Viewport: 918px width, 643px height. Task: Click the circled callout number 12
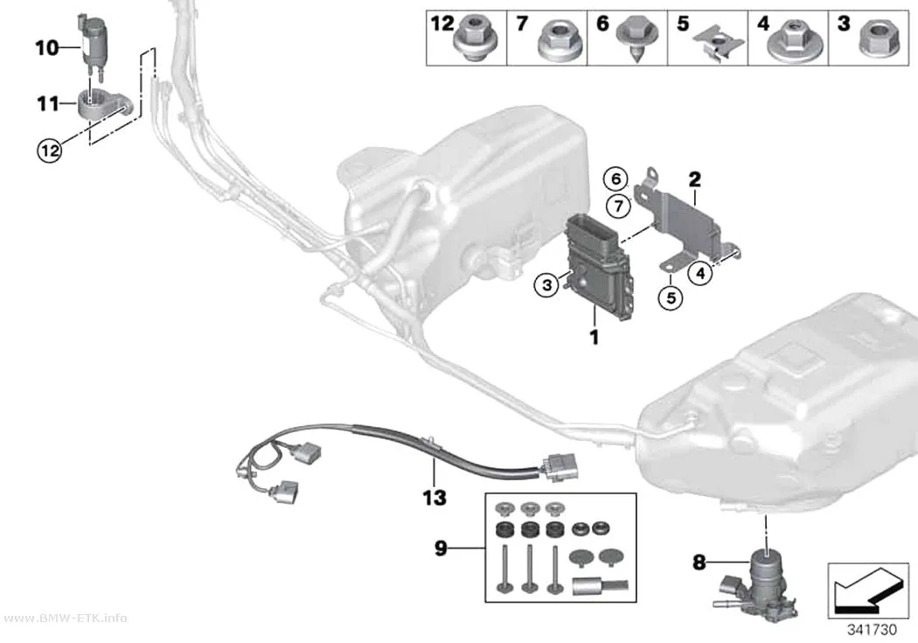pos(50,150)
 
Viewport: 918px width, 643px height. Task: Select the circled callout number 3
pos(546,285)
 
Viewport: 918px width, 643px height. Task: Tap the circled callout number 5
pos(671,297)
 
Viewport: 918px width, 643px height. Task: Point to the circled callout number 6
pos(615,178)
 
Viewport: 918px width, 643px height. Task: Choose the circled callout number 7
pos(619,206)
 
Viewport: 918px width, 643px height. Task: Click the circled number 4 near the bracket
pos(701,272)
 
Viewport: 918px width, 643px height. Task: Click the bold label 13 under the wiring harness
pos(435,498)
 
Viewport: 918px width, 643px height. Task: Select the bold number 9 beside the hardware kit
pos(441,549)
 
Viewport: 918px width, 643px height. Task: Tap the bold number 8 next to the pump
pos(699,563)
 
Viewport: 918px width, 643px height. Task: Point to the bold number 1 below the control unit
pos(595,338)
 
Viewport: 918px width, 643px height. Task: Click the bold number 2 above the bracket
pos(695,179)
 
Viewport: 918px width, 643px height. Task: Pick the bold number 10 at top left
pos(47,47)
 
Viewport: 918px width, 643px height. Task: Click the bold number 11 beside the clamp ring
pos(49,104)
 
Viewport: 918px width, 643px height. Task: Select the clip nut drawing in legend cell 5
pos(719,44)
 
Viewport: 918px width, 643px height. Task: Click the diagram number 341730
pos(872,630)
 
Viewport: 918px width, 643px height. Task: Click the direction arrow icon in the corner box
pos(866,591)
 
